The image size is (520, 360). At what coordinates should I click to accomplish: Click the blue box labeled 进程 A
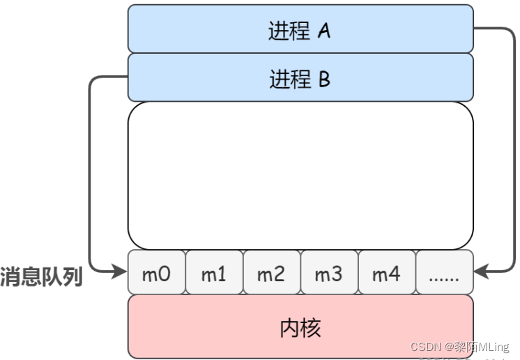click(300, 29)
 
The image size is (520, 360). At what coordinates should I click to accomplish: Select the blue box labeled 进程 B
click(300, 77)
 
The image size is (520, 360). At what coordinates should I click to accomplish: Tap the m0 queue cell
click(156, 273)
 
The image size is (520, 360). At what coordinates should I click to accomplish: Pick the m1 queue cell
click(214, 273)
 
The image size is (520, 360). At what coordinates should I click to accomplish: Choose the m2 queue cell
click(271, 273)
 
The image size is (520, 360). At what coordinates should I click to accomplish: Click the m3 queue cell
click(328, 273)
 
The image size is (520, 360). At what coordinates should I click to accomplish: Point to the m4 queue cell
click(386, 273)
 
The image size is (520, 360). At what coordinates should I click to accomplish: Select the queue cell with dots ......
click(444, 273)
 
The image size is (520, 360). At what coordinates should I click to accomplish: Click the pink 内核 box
click(300, 326)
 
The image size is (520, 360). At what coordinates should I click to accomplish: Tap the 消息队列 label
click(41, 277)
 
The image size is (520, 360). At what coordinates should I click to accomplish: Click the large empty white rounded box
click(300, 175)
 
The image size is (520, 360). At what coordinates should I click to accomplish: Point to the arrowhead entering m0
click(120, 273)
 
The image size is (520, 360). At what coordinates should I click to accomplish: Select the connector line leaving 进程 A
click(514, 140)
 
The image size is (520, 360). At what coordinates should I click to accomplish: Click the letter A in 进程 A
click(323, 31)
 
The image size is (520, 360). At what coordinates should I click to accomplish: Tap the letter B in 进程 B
click(324, 80)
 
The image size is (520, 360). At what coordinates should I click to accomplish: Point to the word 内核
click(300, 327)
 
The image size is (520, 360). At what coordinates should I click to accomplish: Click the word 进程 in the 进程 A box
click(289, 31)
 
